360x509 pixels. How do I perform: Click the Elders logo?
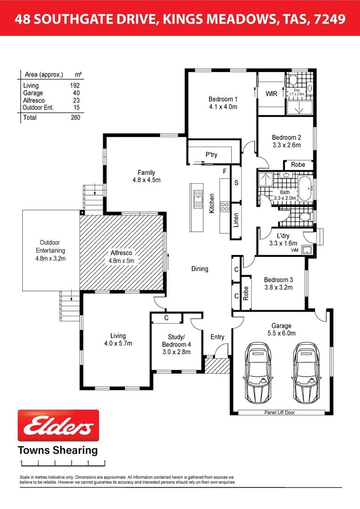[58, 425]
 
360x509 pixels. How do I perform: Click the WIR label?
[271, 94]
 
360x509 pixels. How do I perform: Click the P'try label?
[211, 154]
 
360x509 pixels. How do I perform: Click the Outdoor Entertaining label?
[50, 251]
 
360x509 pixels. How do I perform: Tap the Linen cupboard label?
[236, 220]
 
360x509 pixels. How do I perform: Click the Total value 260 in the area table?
[75, 117]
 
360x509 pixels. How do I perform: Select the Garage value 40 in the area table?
[76, 93]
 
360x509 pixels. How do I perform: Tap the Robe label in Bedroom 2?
[298, 164]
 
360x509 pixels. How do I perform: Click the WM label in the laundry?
[295, 250]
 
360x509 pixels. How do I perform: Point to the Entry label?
[217, 337]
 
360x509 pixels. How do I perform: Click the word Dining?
[199, 269]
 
